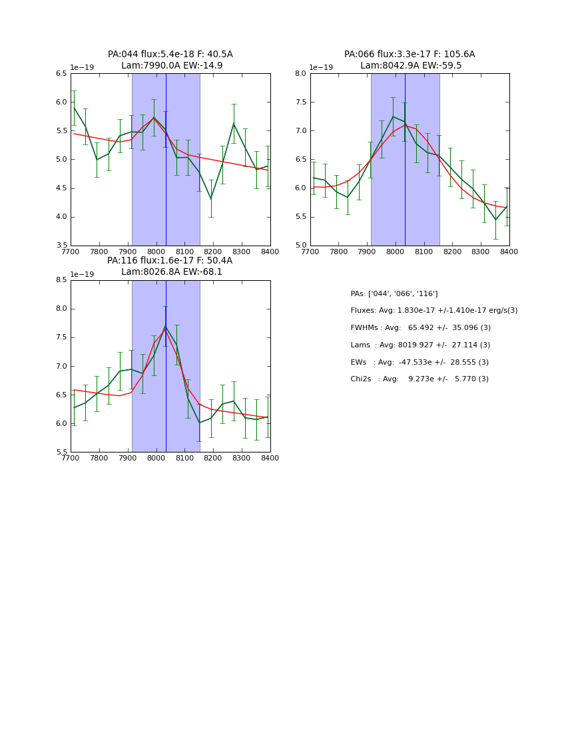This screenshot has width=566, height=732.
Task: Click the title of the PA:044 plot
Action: coord(170,60)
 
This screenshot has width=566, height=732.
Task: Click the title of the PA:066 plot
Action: coord(410,60)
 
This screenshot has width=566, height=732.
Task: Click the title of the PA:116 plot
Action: coord(170,266)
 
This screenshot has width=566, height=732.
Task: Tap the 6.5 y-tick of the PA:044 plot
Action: coord(61,74)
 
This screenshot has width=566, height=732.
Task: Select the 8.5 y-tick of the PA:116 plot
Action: coord(61,280)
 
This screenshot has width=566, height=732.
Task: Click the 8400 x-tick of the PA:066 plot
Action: coord(509,251)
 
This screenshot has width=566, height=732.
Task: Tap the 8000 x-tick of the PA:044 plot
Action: coord(156,251)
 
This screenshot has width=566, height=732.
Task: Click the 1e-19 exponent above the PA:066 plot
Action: coord(322,68)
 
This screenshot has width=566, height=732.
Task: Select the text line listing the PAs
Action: coord(394,293)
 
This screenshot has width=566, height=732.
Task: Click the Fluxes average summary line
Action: coord(433,311)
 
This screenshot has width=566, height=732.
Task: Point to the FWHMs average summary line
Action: coord(420,328)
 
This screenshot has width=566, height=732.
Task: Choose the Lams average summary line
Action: coord(420,345)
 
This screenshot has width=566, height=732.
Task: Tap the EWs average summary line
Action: coord(420,362)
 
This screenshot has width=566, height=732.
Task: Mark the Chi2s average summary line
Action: coord(420,379)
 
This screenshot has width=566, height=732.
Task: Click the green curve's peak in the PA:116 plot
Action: coord(165,325)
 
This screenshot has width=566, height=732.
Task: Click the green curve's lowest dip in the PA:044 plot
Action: coord(211,198)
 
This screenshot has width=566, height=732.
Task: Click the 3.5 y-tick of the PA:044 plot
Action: coord(61,246)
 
